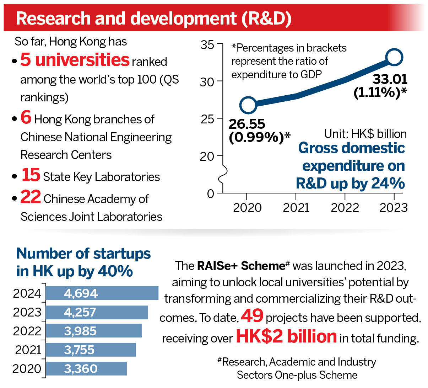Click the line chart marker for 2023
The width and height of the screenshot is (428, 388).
click(394, 57)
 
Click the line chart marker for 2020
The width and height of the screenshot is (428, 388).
click(248, 105)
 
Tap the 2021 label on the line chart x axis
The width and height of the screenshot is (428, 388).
click(296, 208)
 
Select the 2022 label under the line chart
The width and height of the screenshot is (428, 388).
click(345, 208)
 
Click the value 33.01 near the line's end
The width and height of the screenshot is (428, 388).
click(390, 79)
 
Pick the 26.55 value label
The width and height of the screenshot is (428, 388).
click(247, 124)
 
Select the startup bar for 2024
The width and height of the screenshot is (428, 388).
click(102, 293)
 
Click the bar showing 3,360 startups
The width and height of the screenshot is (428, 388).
click(86, 369)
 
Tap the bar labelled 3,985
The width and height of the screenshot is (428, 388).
click(94, 331)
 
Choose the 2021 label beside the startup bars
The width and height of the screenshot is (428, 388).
click(28, 350)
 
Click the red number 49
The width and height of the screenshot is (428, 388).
click(252, 316)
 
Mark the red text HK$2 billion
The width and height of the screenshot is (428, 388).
click(286, 336)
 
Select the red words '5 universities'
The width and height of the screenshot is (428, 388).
click(75, 60)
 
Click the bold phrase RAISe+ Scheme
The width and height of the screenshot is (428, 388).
click(241, 266)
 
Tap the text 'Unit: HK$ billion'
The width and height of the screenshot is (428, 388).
click(365, 134)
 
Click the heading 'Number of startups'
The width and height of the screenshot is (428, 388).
click(83, 254)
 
